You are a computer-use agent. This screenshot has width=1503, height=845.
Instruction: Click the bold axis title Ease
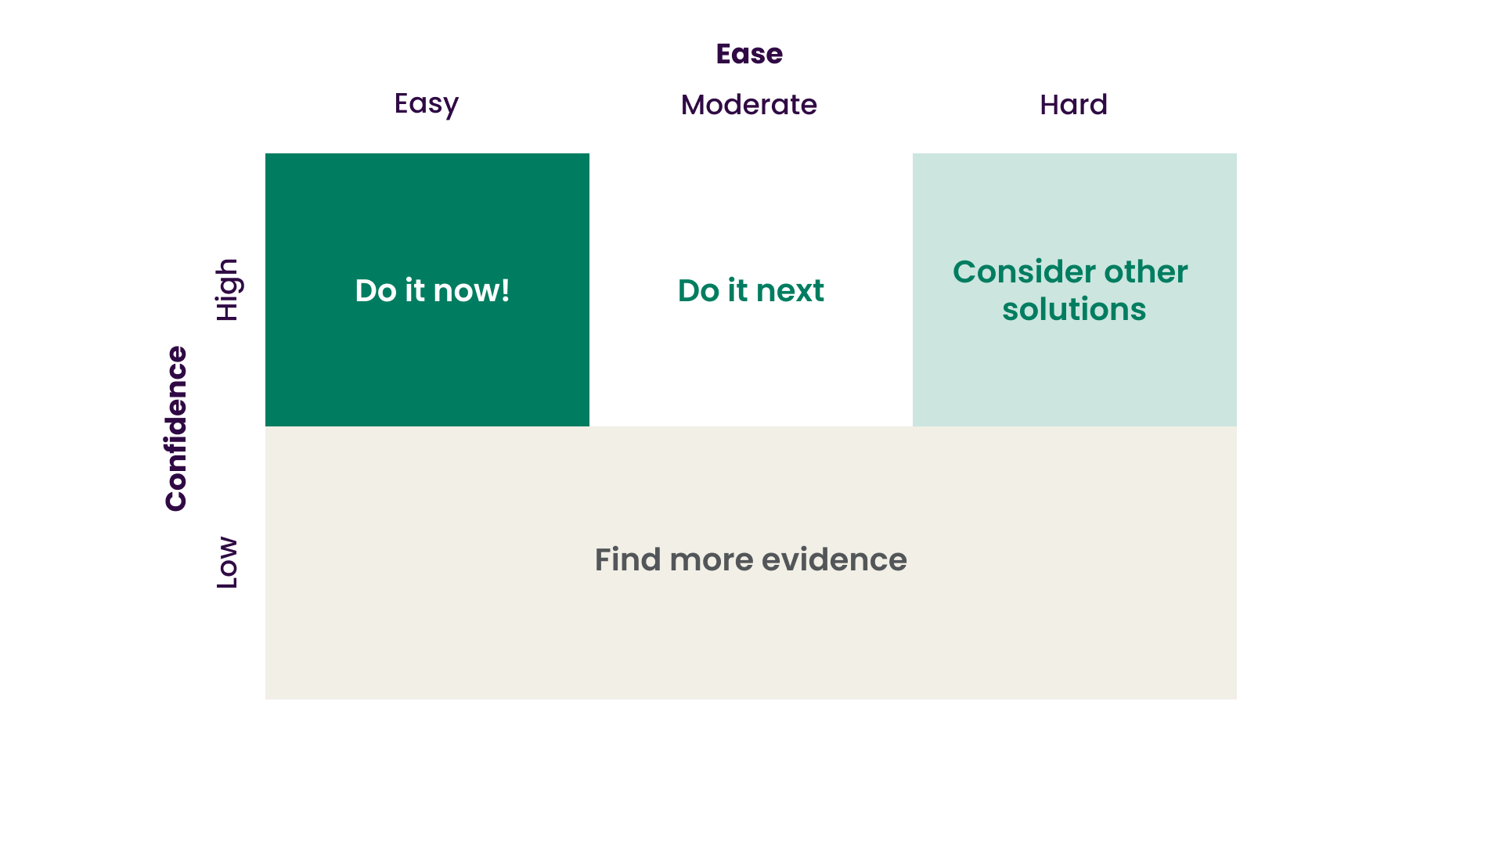[749, 54]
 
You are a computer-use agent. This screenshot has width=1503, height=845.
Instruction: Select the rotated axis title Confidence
[176, 429]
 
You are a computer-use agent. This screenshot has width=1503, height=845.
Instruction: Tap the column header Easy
[426, 104]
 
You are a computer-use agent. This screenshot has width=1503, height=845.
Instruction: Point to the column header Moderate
[748, 105]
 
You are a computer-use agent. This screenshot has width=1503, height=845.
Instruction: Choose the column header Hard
[1073, 105]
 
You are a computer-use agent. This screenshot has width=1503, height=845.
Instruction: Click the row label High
[227, 289]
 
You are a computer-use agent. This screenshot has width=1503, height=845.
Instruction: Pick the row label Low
[227, 563]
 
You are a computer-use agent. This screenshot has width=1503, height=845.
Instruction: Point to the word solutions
[1074, 309]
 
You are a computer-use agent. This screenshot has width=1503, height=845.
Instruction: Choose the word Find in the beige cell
[627, 560]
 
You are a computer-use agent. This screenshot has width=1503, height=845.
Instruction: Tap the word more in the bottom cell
[712, 560]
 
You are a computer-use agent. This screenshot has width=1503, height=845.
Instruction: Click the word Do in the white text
[375, 291]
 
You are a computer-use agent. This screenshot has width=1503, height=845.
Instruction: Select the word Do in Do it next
[698, 291]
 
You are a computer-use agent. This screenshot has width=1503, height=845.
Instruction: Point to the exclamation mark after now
[505, 291]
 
